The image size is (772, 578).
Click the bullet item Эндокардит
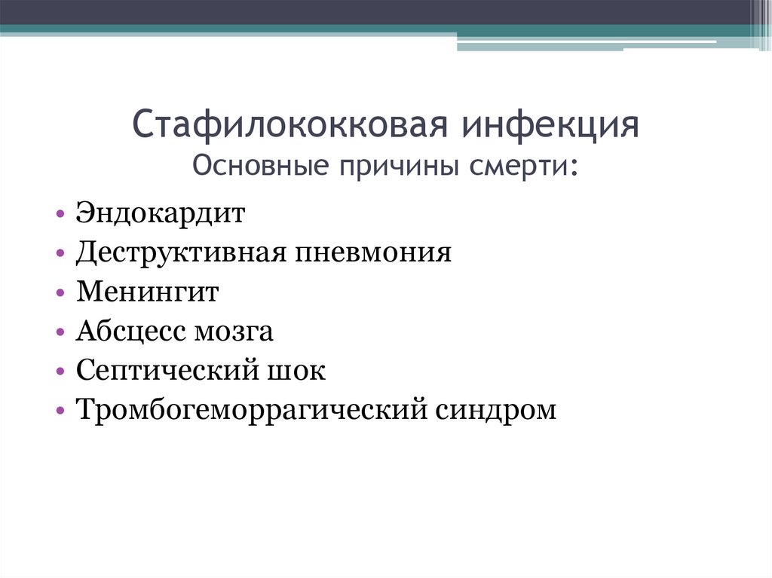pyautogui.click(x=161, y=213)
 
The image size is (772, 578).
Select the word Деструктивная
pyautogui.click(x=179, y=252)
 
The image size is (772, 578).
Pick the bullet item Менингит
pyautogui.click(x=147, y=292)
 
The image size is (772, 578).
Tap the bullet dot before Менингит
pyautogui.click(x=60, y=294)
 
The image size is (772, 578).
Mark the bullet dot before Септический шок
pyautogui.click(x=60, y=373)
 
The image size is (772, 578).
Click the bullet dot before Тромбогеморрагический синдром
pyautogui.click(x=60, y=412)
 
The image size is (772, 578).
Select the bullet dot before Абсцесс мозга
pyautogui.click(x=60, y=333)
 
